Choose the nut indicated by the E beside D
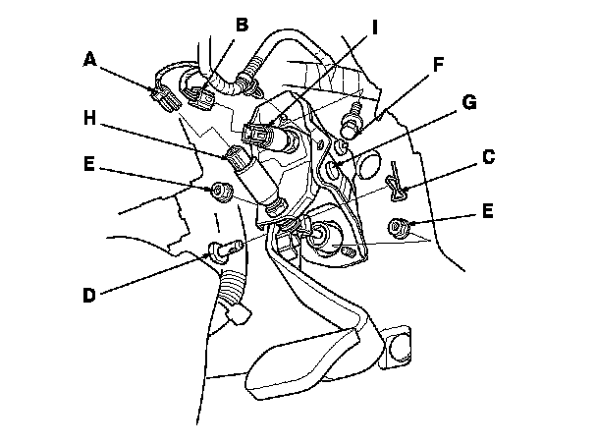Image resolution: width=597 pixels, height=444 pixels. (219, 189)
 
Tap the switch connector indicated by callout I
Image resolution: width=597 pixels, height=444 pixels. (263, 136)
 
